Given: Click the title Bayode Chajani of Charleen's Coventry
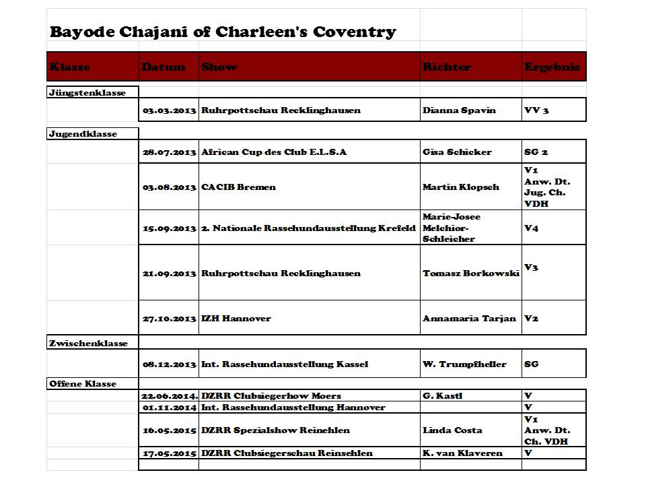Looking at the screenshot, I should pyautogui.click(x=223, y=32).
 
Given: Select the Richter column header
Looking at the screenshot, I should pyautogui.click(x=447, y=67).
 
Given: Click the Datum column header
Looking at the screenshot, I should pyautogui.click(x=164, y=67).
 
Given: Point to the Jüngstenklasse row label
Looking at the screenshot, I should pyautogui.click(x=87, y=92).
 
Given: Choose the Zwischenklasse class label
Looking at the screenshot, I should pyautogui.click(x=88, y=343).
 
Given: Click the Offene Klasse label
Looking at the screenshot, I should pyautogui.click(x=83, y=383).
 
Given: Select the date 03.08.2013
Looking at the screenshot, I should pyautogui.click(x=169, y=187).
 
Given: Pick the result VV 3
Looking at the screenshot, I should pyautogui.click(x=536, y=110).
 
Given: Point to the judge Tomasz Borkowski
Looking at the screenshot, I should pyautogui.click(x=470, y=273).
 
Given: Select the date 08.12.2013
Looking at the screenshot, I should pyautogui.click(x=169, y=364).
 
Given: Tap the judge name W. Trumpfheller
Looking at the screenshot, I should pyautogui.click(x=464, y=364).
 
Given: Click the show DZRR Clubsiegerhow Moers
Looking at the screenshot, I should pyautogui.click(x=271, y=395).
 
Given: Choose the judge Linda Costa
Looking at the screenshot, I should pyautogui.click(x=452, y=430).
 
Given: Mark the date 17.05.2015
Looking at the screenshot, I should pyautogui.click(x=169, y=453).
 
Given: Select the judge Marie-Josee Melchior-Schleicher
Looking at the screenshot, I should pyautogui.click(x=452, y=228).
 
